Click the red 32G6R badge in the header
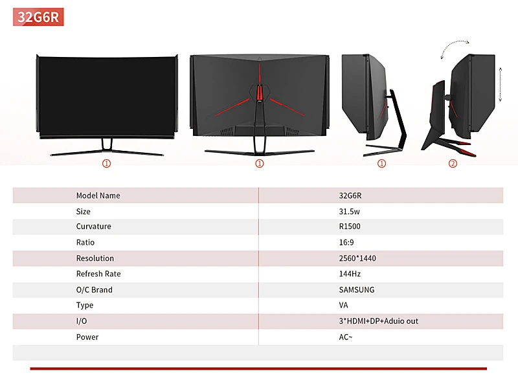tap(38, 17)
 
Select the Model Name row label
tap(98, 196)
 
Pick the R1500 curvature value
tap(350, 227)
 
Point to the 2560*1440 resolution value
tap(357, 258)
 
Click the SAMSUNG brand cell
tap(357, 290)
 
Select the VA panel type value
tap(343, 306)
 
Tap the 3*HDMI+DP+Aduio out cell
tap(379, 321)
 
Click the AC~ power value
tap(346, 337)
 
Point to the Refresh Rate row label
tap(98, 274)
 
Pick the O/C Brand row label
tap(94, 290)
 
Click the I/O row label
tap(82, 321)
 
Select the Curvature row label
tap(93, 227)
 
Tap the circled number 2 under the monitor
tap(453, 164)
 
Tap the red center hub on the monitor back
tap(259, 93)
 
